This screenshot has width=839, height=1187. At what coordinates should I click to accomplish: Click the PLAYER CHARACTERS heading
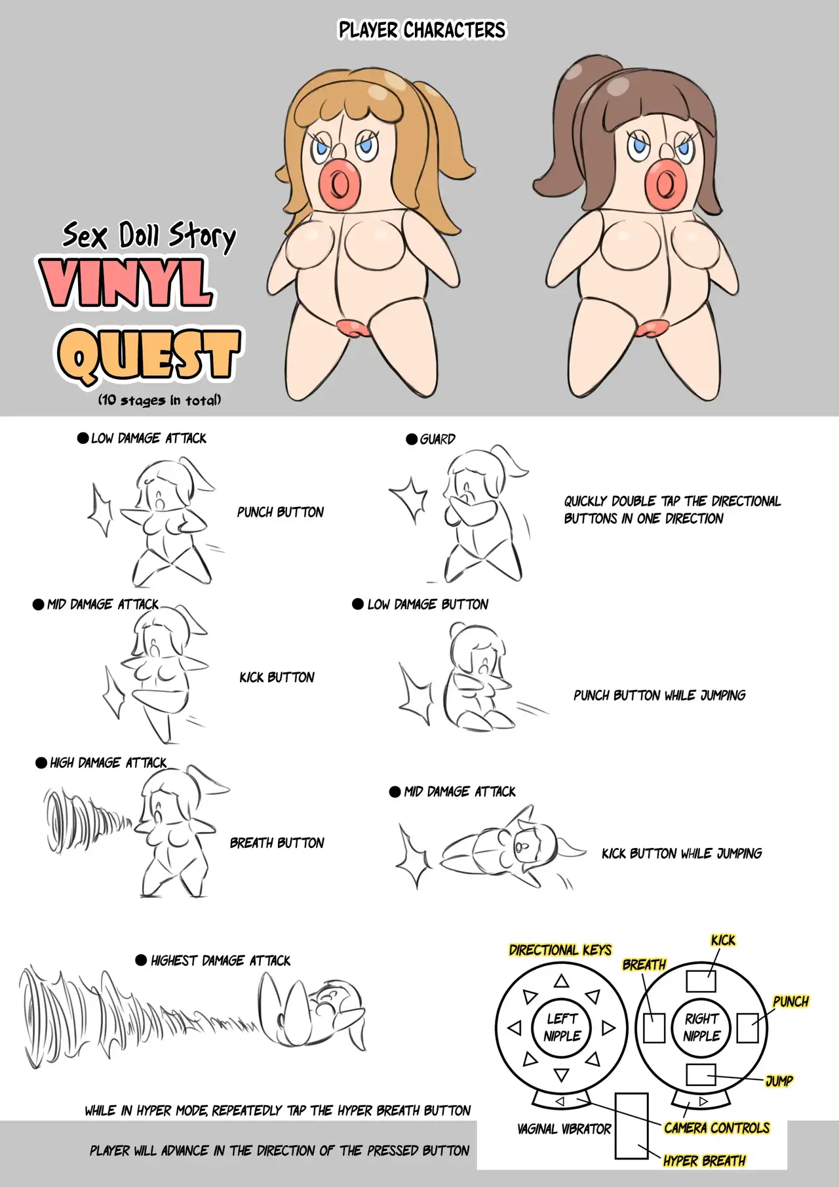pos(421,30)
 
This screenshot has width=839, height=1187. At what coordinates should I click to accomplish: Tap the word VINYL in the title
pos(126,283)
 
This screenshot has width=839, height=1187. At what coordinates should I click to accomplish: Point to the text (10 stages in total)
pos(159,399)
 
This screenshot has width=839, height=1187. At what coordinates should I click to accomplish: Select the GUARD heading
pos(431,439)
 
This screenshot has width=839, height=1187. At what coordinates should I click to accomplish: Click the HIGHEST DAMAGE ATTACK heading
pos(213,961)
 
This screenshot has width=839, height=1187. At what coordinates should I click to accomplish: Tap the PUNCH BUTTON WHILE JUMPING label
pos(659,695)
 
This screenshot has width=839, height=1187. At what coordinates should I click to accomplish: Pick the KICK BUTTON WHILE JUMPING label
pos(682,853)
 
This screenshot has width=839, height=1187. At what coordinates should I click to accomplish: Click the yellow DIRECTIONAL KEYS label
pos(560,950)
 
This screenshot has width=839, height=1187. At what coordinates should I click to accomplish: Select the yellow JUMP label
pos(779,1081)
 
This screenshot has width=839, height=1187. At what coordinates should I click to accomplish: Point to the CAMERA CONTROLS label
pos(716,1128)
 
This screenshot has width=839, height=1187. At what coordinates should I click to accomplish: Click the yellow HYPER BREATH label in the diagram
pos(704,1161)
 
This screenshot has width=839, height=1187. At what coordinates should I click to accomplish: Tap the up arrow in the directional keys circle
pos(560,981)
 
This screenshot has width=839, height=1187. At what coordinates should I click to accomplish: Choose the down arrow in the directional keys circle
pos(560,1075)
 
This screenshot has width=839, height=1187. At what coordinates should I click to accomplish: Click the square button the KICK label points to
pos(701,981)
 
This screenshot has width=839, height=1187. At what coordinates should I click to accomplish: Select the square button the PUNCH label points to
pos(747,1028)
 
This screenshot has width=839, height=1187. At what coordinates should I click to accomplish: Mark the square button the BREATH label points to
pos(654,1028)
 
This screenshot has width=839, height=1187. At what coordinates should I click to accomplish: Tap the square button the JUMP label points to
pos(701,1075)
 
